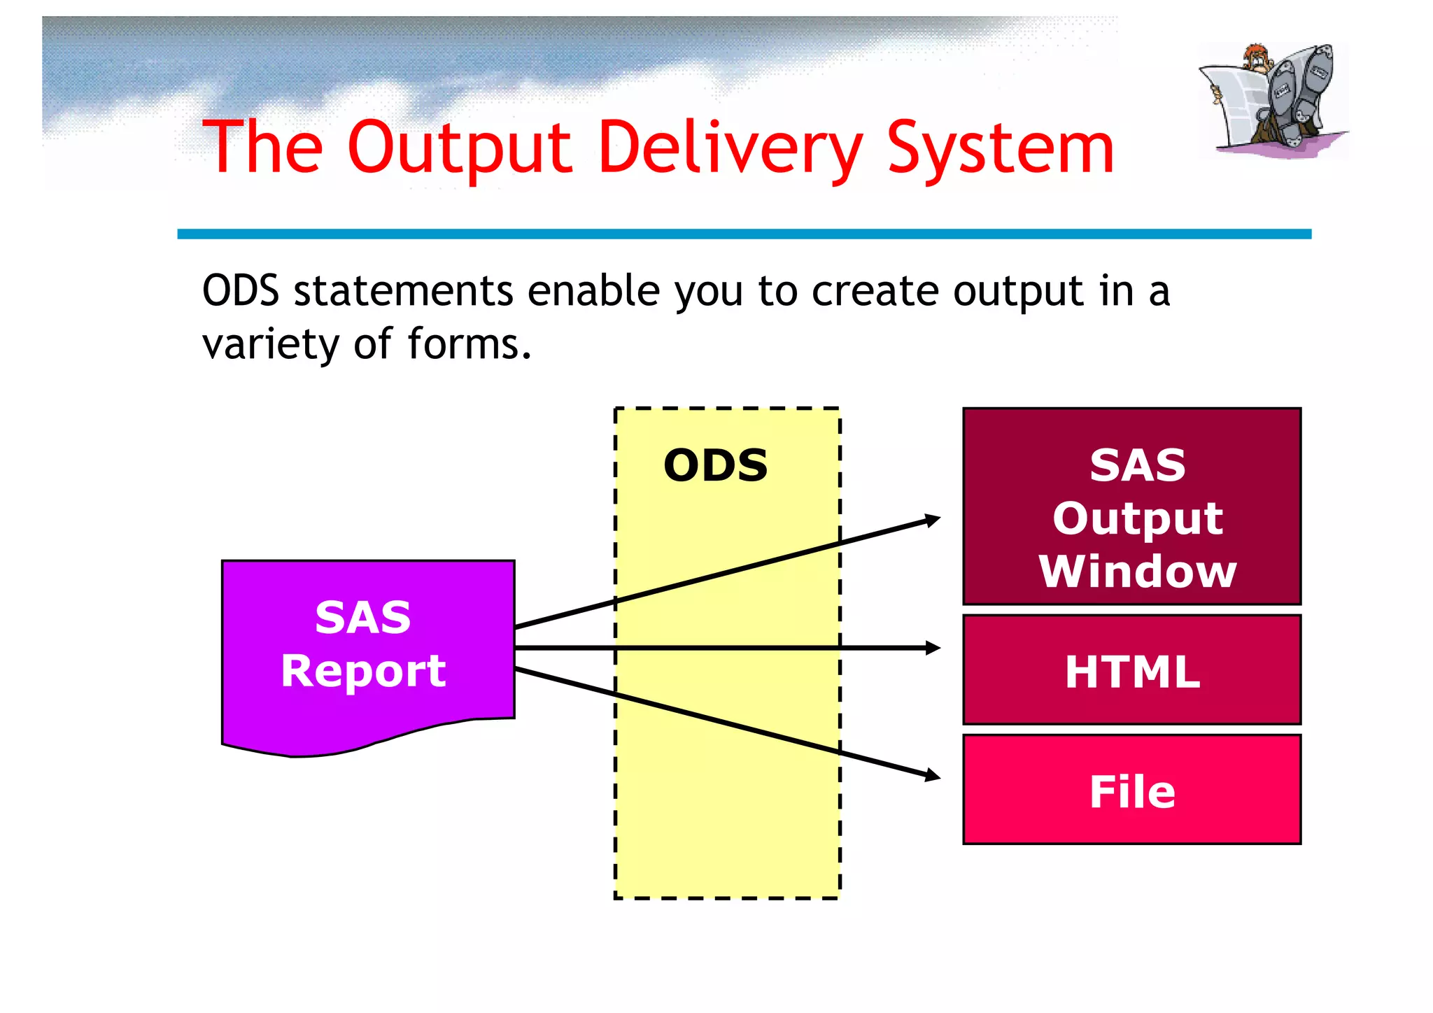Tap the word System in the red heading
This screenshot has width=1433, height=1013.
pos(1001,148)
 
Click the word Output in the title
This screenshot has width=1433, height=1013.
pos(460,148)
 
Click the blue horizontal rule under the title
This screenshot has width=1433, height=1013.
pos(744,234)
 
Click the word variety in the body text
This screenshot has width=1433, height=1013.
pos(269,344)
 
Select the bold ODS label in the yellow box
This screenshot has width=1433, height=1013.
pos(715,465)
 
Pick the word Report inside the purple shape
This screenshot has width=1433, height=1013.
pos(362,671)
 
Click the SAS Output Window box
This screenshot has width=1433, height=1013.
pos(1131,506)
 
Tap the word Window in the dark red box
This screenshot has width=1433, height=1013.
pos(1137,572)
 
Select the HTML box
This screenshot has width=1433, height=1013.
pos(1131,670)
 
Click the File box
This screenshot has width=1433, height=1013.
pos(1131,791)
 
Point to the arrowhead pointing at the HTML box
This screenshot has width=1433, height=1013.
pos(933,648)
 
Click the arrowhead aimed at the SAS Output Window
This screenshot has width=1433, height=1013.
pos(933,520)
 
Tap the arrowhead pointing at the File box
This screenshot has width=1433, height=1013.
pos(933,775)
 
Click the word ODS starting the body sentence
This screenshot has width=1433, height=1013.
pos(240,291)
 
